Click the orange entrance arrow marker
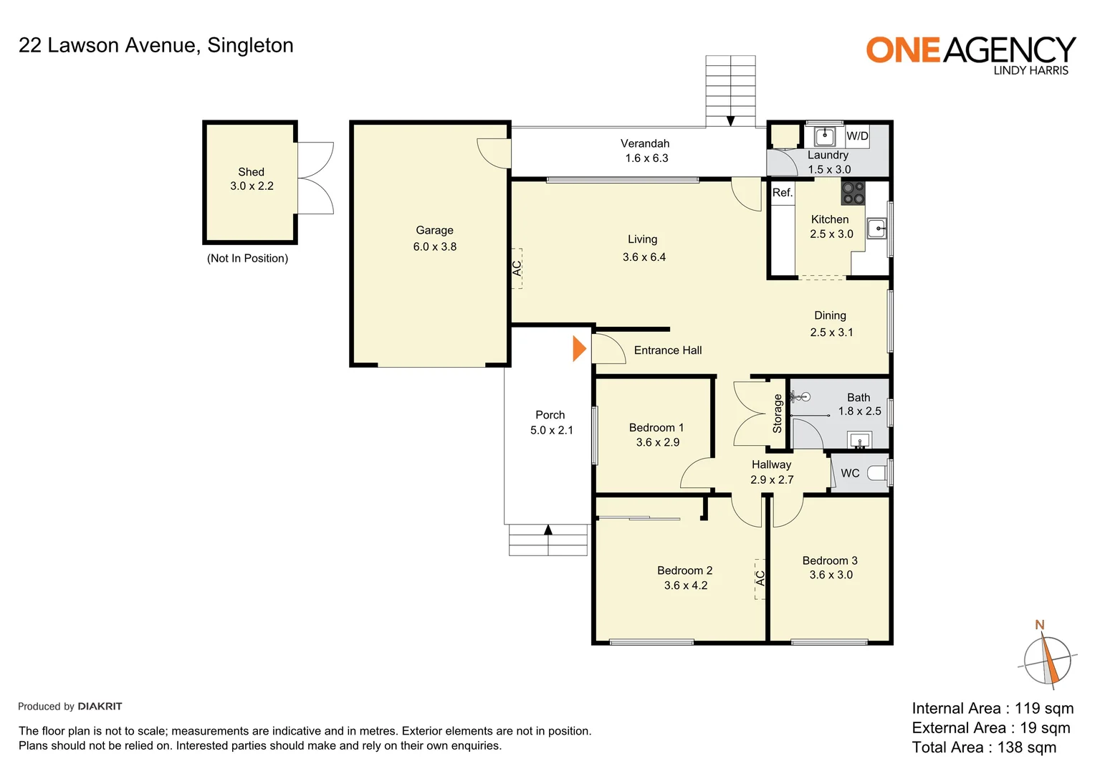(579, 349)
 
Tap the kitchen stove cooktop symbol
(853, 193)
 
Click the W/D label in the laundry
(857, 136)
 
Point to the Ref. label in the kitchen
(782, 193)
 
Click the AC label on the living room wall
(517, 268)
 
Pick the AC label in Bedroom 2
(760, 578)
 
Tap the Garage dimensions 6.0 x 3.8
(434, 247)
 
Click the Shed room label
(251, 172)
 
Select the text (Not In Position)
(247, 258)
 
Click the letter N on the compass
(1040, 625)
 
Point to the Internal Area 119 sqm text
(993, 709)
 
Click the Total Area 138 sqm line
(984, 747)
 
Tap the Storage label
(778, 414)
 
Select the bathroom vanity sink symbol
(859, 439)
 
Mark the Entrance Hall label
(667, 350)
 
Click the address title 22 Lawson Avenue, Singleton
(156, 45)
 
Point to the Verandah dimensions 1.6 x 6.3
(646, 158)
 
